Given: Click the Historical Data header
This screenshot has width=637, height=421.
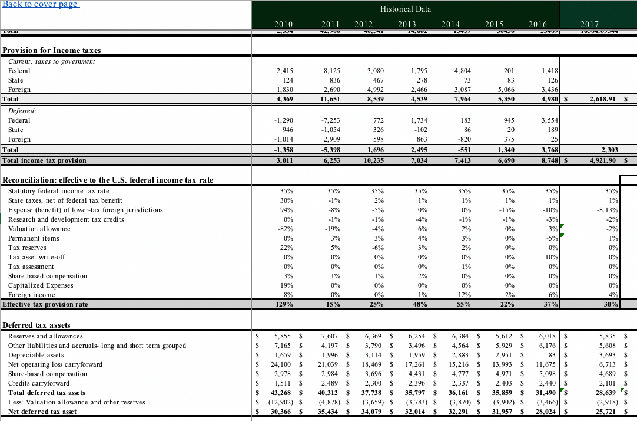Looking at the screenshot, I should [405, 9].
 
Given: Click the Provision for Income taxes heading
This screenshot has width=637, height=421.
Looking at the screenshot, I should [52, 50].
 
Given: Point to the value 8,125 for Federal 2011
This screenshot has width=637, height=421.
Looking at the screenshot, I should [333, 71].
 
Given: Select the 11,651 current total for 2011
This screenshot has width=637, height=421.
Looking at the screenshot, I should [333, 99].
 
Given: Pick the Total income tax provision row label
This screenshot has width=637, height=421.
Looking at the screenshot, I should [44, 160].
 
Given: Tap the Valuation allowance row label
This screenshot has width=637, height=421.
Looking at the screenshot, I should [39, 229].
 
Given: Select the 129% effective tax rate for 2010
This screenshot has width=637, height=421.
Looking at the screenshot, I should [286, 304].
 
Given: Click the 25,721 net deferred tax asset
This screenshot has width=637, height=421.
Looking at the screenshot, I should [606, 412].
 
